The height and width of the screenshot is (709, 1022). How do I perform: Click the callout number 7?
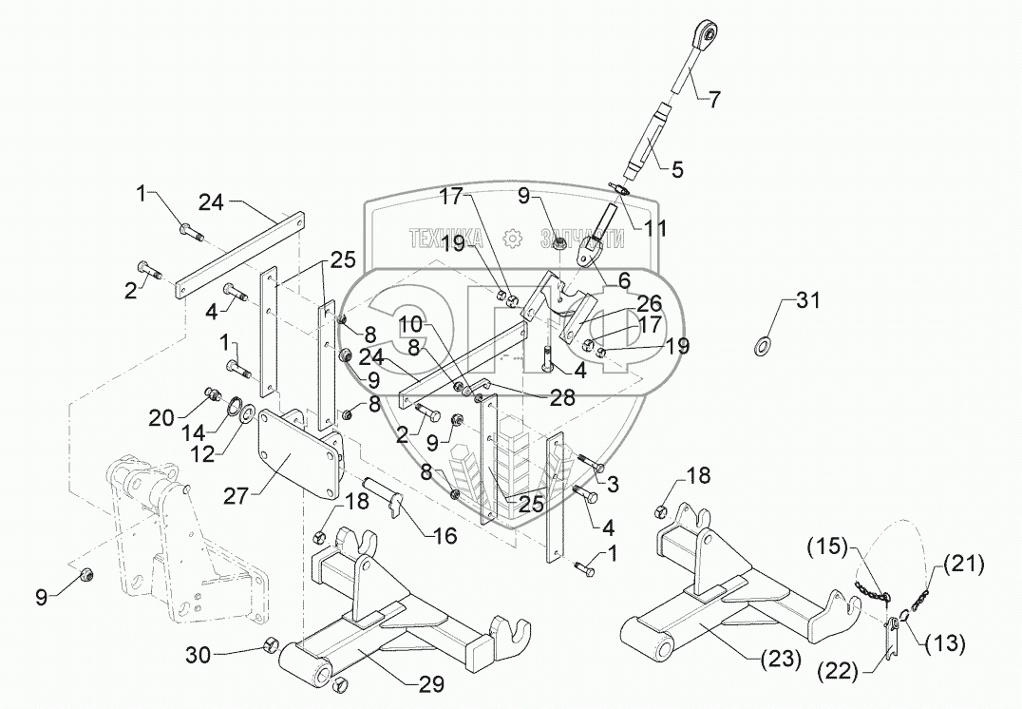coord(715,99)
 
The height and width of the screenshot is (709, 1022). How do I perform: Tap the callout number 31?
coord(806,303)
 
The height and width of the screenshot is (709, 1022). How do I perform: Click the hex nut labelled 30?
coord(270,648)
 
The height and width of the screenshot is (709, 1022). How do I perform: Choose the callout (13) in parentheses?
coord(945,645)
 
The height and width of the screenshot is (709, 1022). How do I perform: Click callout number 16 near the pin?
coord(444,536)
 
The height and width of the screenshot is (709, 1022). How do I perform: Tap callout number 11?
coord(653,229)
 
